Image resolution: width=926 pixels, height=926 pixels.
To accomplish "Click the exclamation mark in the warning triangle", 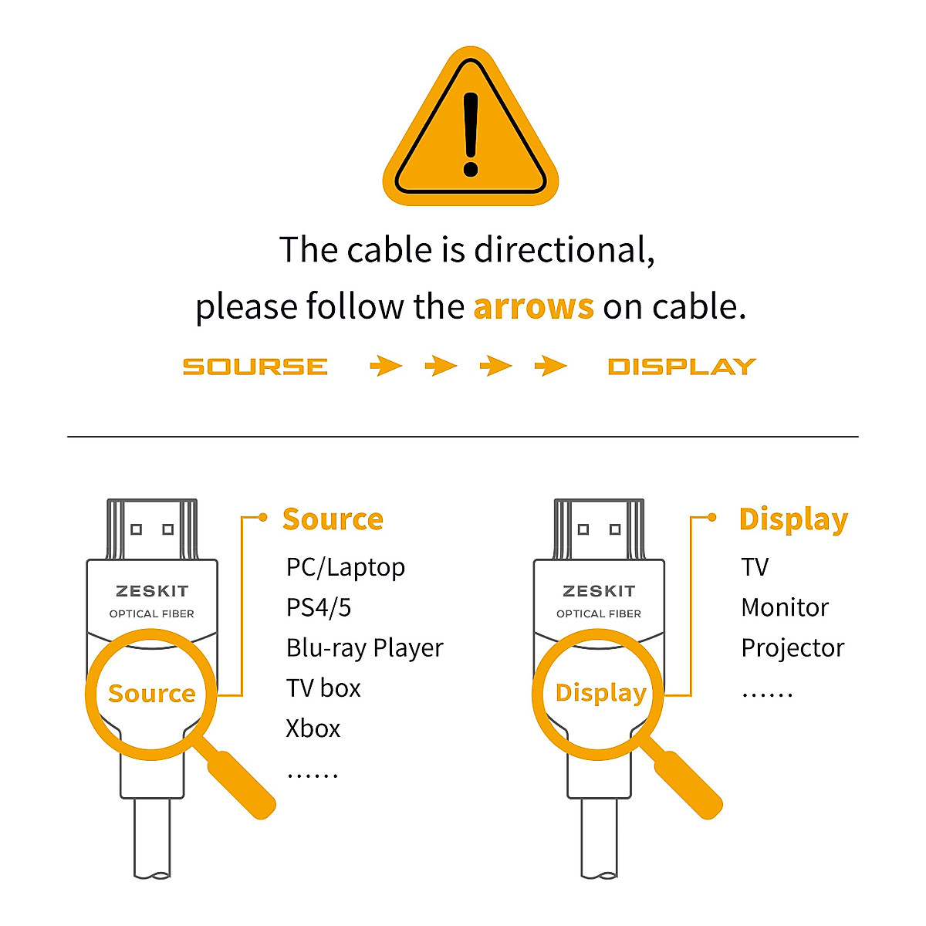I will coord(471,132).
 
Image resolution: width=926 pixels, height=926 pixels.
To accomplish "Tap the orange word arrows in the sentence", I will coord(533,307).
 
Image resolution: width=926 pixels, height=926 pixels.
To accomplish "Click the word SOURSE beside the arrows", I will coord(255,367).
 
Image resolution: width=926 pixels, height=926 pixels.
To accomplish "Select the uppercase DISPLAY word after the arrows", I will coord(681,367).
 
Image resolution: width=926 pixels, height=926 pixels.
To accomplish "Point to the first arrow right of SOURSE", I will coord(386,366).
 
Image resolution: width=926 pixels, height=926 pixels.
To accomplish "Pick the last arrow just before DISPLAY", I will coord(551,366).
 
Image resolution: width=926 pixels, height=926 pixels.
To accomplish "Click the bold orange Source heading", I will coord(333,519).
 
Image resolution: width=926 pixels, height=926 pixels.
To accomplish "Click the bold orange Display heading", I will coord(793,520).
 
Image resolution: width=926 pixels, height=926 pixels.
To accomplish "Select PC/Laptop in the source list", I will coord(345,567).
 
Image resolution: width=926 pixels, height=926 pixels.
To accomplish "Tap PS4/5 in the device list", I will coord(318,607).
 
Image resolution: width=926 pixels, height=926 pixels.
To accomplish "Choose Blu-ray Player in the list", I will coord(364,648).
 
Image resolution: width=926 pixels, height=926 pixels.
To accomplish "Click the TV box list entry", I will coord(323,688).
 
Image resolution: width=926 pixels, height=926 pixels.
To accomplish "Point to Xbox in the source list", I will coord(313,728).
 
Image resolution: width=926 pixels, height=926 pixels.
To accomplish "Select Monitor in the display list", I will coord(785,607).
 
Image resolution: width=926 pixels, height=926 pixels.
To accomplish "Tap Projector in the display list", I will coord(793,648).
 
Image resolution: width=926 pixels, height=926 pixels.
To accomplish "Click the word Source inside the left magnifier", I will coord(151,694).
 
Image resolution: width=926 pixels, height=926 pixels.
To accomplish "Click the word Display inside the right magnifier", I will coord(600,693).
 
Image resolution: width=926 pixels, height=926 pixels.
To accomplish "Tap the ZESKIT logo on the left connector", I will coord(152,591).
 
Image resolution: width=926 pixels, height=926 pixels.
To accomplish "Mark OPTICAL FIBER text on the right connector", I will coord(599,614).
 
